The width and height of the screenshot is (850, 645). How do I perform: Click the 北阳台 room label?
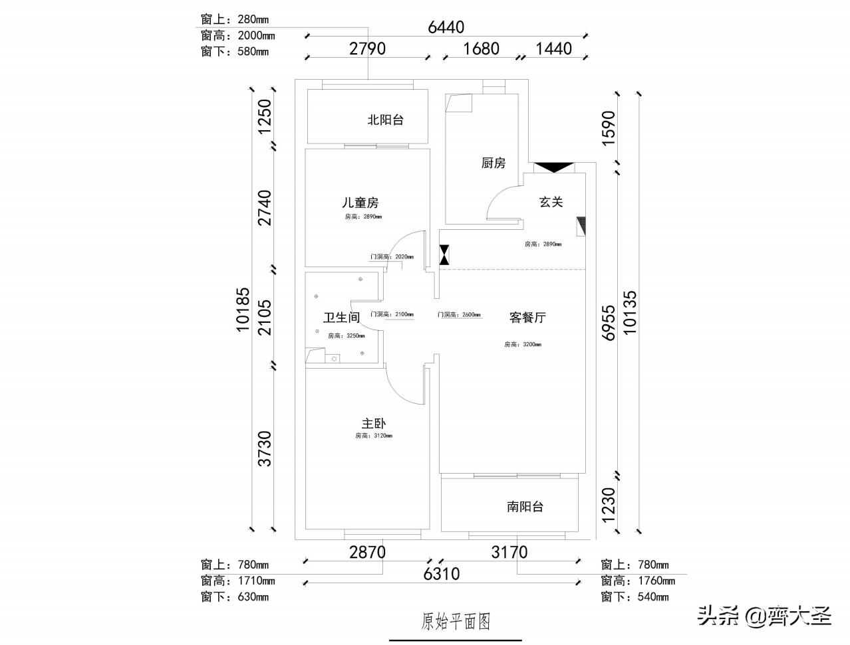point(386,120)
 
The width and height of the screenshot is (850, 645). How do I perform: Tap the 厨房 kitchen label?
point(494,163)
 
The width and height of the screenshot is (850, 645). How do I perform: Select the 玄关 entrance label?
point(551,202)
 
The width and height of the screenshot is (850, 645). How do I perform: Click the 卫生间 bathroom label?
point(341,318)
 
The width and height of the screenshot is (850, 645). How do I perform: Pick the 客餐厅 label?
point(527,318)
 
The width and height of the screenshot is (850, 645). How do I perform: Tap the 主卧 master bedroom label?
point(374,423)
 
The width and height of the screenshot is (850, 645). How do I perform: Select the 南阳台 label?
point(525,507)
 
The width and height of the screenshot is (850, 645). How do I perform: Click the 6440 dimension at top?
point(446,27)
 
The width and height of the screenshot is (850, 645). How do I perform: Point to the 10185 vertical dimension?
point(243,309)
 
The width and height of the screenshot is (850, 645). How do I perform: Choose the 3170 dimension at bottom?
point(509,552)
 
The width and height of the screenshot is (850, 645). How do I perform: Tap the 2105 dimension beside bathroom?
point(265,317)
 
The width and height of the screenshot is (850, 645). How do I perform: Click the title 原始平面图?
point(456,621)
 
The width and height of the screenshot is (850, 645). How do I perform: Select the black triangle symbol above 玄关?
point(553,167)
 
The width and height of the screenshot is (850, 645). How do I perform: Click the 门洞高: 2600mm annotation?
point(459,315)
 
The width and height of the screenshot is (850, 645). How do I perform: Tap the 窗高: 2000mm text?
point(237,36)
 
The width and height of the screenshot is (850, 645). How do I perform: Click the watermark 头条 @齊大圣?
point(764,616)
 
